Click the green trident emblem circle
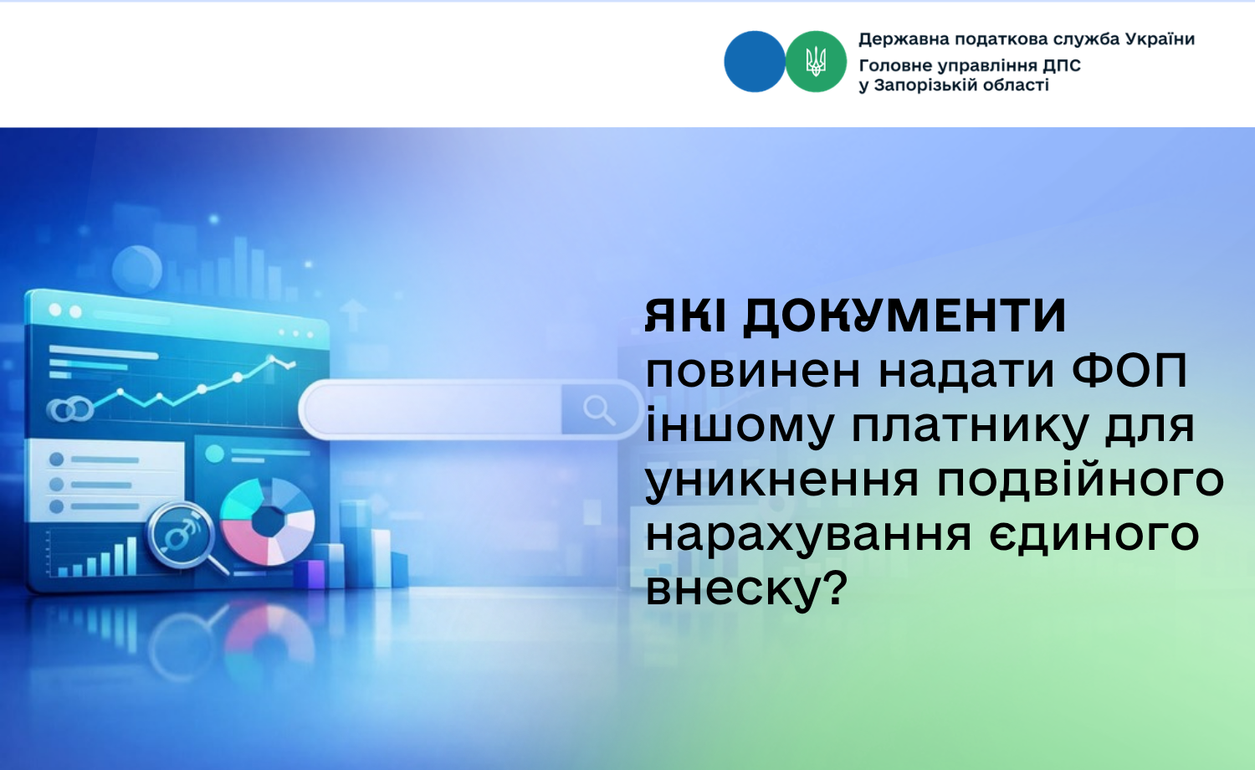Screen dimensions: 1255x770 816,62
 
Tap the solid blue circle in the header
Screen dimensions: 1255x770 755,62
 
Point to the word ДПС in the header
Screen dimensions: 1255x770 1061,65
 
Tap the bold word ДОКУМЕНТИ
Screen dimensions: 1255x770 904,316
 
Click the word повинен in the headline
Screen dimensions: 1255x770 752,373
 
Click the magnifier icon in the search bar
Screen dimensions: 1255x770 599,410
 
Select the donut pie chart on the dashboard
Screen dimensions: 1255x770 268,521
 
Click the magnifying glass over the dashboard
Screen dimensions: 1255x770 185,538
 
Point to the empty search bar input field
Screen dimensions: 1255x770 433,409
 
